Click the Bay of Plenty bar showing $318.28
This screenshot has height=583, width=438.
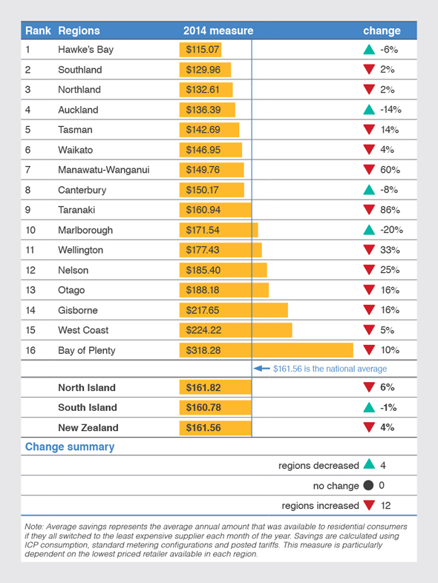[266, 350]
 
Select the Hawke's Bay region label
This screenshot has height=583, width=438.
[85, 50]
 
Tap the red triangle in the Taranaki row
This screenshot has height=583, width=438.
[369, 210]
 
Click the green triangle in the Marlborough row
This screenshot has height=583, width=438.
[369, 230]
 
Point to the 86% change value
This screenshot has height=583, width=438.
[390, 210]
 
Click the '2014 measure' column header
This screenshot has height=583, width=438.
[218, 31]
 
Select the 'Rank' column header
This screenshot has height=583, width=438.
[37, 31]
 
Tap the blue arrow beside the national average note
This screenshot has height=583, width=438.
[261, 369]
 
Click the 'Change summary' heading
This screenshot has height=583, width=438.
[70, 447]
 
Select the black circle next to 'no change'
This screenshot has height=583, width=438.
[369, 486]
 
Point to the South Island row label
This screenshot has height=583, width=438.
[88, 407]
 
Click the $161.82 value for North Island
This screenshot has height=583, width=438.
[203, 387]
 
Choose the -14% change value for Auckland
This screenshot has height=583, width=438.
[390, 110]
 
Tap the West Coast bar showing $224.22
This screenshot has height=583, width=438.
[235, 330]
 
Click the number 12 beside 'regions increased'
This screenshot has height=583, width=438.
[385, 506]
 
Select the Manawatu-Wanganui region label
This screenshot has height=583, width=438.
[104, 170]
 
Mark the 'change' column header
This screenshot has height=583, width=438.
[382, 31]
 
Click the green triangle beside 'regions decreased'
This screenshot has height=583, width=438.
[369, 465]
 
